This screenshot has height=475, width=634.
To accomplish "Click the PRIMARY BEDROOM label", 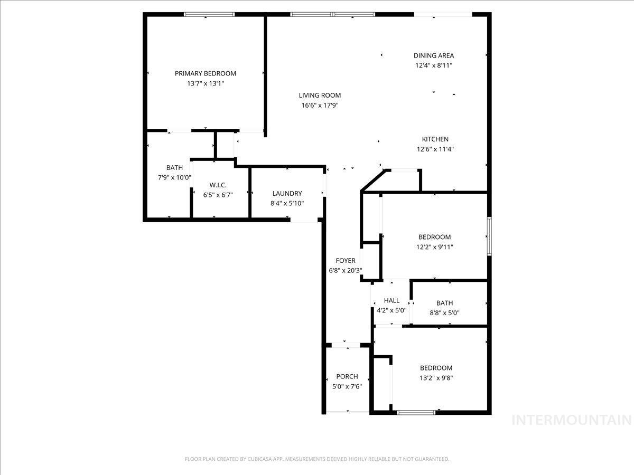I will coord(206,73).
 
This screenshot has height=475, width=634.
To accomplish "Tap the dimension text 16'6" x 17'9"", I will coord(320,106).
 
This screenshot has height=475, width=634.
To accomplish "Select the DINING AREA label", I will coord(433,55).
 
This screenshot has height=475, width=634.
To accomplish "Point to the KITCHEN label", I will coord(435,139).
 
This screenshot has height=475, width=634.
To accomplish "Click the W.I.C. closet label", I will coord(218,185).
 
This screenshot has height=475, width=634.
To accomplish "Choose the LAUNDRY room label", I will coord(287,194).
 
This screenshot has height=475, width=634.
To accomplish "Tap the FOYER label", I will coord(346,261).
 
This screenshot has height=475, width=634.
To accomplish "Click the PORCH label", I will coord(347,377).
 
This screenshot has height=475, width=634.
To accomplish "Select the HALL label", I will coord(391,300).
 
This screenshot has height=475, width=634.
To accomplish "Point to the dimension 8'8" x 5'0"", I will coord(444,312).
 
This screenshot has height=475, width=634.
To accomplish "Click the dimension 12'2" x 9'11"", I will coord(434,247).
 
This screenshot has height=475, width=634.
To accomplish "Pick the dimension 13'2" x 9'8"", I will coord(436,378).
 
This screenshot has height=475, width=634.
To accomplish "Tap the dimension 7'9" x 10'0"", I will coord(174,178).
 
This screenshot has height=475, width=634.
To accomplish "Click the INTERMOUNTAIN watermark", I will coord(572,420).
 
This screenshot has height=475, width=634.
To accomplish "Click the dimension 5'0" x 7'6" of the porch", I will coord(347,386).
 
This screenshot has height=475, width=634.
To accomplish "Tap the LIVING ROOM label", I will coord(320,96).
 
